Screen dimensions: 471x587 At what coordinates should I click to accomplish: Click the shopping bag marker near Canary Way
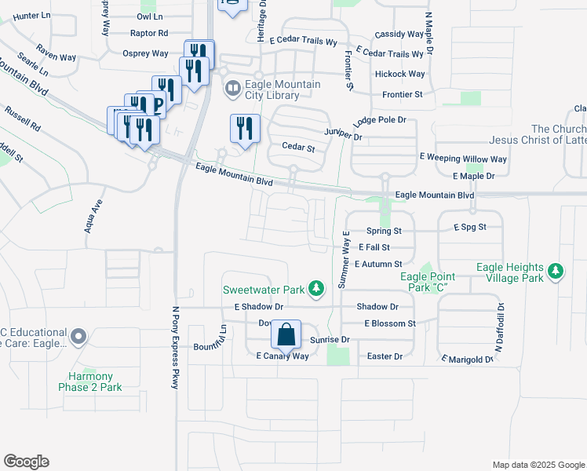(x=287, y=334)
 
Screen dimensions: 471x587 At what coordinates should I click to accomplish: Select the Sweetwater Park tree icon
(x=316, y=290)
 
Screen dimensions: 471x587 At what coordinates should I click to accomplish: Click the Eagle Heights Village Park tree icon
(x=556, y=272)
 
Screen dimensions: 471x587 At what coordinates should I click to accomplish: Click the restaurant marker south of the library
(x=244, y=129)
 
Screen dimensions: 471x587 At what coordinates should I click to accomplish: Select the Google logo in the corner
(x=26, y=462)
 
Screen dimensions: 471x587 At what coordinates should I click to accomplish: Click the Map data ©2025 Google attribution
(x=538, y=465)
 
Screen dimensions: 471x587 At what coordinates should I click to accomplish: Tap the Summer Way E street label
(x=343, y=260)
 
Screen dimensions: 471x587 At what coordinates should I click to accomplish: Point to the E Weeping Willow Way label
(x=464, y=159)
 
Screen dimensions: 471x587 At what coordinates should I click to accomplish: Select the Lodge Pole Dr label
(x=379, y=120)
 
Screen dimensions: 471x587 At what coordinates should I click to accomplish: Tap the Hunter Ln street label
(x=31, y=16)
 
